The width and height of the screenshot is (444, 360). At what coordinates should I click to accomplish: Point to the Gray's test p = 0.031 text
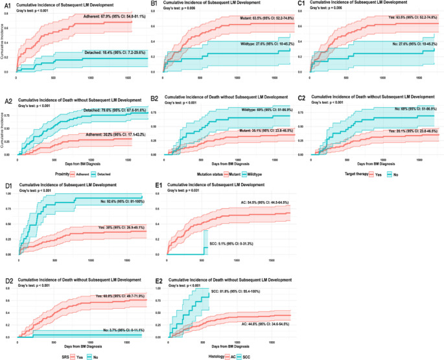pos(187,192)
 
